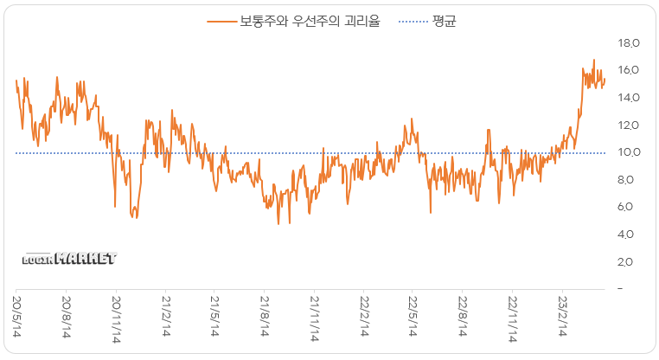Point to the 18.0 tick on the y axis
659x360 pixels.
[628, 42]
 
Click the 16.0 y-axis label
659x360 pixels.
[628, 70]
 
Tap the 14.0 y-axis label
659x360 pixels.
[628, 98]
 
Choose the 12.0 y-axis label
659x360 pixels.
[628, 125]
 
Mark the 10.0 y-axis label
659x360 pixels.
[628, 153]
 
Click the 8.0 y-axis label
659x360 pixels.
[628, 180]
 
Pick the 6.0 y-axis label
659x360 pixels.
[628, 207]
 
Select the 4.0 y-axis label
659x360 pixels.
[628, 235]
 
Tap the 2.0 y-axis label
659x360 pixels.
[628, 262]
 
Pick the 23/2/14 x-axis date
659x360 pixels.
[563, 319]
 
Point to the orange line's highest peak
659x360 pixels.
[593, 60]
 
